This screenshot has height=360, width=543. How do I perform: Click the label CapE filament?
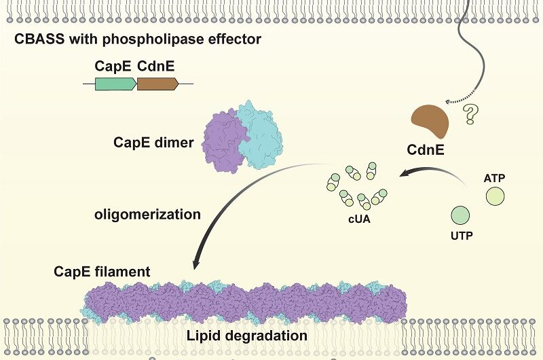(x=101, y=272)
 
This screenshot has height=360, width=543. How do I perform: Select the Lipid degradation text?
(x=248, y=336)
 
